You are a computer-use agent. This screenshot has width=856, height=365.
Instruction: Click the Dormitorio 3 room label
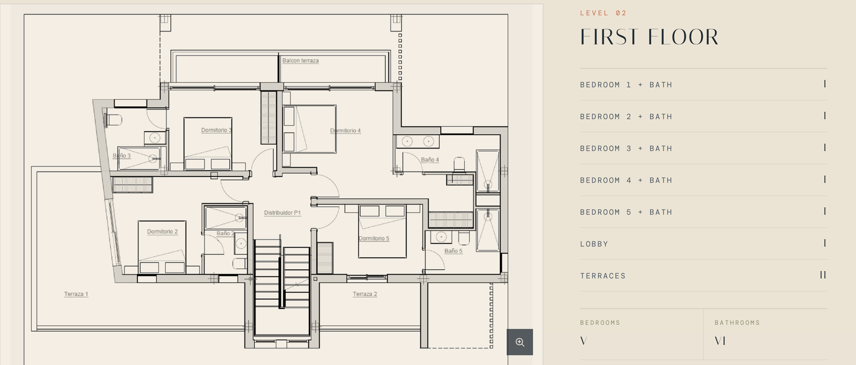216,130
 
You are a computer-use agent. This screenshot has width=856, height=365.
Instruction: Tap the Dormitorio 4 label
345,130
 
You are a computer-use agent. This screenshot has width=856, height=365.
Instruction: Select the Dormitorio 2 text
163,232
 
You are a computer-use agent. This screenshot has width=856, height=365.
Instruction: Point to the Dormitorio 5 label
374,239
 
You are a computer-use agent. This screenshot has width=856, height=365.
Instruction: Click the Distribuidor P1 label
282,213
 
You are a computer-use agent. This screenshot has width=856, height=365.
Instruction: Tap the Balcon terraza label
300,60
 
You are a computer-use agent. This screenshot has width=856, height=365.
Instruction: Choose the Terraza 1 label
76,294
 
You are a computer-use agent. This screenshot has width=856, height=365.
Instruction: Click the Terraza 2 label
365,294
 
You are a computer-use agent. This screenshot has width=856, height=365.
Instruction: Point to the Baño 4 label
430,160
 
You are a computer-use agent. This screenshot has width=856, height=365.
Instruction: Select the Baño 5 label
453,251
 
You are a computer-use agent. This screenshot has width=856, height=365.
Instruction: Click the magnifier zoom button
519,342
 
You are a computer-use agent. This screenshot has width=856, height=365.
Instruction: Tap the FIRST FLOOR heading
649,37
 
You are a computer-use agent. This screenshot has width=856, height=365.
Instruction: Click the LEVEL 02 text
603,13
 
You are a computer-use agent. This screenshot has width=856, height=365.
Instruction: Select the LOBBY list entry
594,244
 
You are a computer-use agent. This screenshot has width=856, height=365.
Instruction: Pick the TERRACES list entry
603,276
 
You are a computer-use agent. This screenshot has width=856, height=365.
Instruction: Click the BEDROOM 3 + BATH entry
626,148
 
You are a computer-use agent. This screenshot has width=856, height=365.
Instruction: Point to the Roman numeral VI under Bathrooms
720,341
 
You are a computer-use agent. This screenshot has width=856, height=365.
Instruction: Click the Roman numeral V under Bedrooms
584,341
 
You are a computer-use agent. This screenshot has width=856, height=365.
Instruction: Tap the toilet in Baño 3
113,120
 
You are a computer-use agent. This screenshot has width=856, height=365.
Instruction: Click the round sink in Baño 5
441,237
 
